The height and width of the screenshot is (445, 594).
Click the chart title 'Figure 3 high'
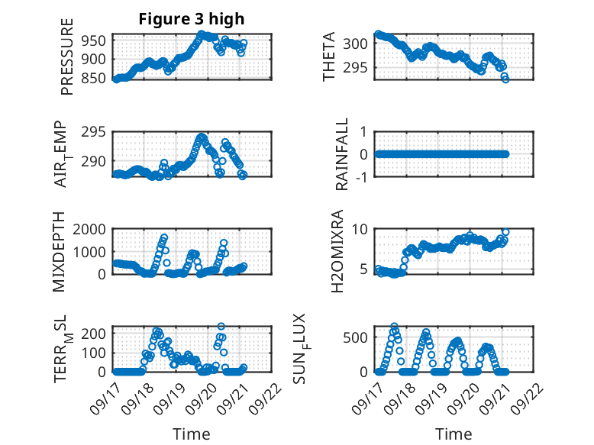point(192,19)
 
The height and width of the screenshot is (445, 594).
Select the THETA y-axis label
point(329,56)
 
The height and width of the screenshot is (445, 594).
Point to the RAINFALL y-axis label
point(343,154)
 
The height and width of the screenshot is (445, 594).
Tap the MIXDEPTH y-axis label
point(60,252)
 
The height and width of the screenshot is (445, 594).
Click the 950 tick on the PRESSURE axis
point(96,40)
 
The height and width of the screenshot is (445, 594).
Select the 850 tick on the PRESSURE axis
point(96,78)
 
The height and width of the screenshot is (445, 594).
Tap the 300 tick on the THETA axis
point(361,44)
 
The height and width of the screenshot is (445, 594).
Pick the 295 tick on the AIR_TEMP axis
point(96,132)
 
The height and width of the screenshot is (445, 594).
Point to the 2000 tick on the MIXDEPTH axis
point(93,230)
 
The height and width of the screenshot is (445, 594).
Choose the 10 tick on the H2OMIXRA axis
point(361,230)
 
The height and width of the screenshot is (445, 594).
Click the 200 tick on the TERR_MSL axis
point(96,334)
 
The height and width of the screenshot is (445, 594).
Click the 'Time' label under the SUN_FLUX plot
point(454,434)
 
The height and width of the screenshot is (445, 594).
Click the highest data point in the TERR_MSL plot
point(221,326)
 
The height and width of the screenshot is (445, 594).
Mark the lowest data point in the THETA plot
point(505,79)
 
